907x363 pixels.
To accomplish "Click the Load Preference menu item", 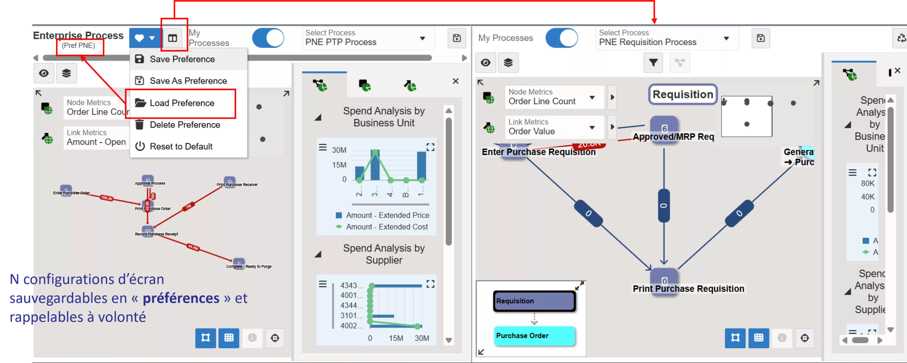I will [182, 103].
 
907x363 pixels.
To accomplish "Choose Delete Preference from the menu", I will [185, 125].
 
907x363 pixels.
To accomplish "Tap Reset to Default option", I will [181, 146].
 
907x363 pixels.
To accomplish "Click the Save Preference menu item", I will [182, 59].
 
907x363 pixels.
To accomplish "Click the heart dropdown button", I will [145, 38].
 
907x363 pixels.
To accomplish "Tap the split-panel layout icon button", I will [173, 38].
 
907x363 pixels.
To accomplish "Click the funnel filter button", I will [653, 63].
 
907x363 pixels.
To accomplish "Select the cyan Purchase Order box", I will [534, 335].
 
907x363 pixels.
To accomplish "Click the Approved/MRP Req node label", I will [673, 137].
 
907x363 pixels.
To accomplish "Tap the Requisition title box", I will [683, 94].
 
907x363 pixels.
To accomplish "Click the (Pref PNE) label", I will [78, 46].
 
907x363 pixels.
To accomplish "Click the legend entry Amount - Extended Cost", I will [387, 227].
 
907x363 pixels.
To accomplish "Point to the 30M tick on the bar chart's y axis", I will [339, 150].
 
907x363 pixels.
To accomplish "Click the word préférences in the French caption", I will [181, 298].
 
